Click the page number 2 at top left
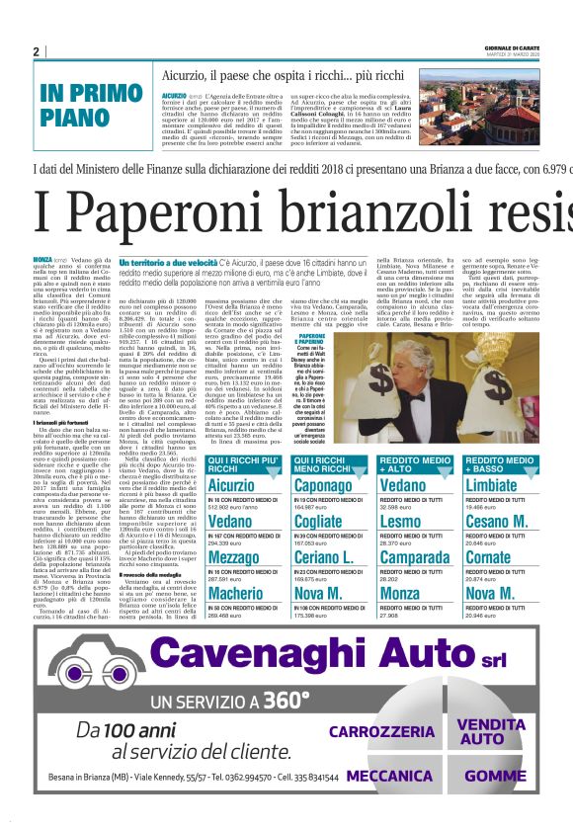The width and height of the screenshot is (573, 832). [36, 51]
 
